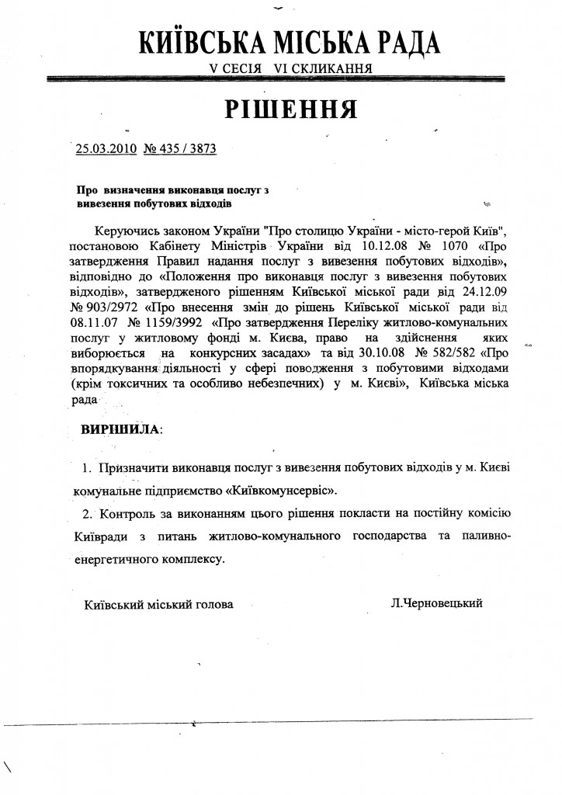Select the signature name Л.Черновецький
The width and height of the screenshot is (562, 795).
439,602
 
